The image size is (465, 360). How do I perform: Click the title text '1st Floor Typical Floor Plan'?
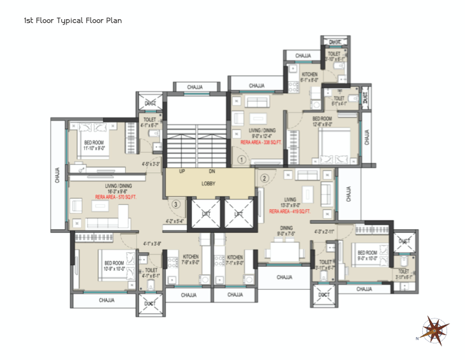pyautogui.click(x=72, y=20)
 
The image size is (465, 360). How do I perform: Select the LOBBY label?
pyautogui.click(x=209, y=184)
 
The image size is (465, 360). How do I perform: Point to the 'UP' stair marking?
pyautogui.click(x=182, y=172)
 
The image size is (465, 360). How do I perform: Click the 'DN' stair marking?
pyautogui.click(x=212, y=172)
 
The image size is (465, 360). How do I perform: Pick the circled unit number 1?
pyautogui.click(x=242, y=159)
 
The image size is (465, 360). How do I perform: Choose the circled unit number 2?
pyautogui.click(x=265, y=178)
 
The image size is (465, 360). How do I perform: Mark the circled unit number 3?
pyautogui.click(x=175, y=204)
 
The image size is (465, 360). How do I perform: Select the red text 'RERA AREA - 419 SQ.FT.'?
pyautogui.click(x=290, y=211)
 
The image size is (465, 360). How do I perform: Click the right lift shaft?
pyautogui.click(x=238, y=215)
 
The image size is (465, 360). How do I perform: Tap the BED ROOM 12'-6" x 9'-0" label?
pyautogui.click(x=321, y=122)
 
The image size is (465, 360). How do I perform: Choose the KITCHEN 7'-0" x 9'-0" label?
pyautogui.click(x=191, y=259)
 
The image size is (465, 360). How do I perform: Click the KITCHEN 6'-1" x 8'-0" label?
pyautogui.click(x=309, y=77)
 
